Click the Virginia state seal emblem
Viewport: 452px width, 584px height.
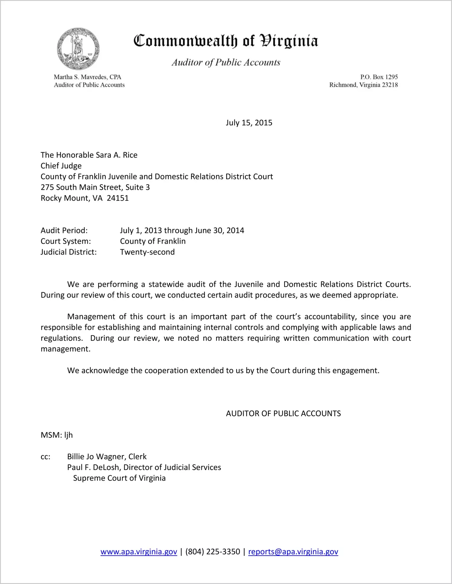click(78, 49)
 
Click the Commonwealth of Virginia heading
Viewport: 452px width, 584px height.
click(226, 41)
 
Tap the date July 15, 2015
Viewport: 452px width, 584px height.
click(249, 123)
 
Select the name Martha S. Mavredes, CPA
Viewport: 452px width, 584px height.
click(87, 77)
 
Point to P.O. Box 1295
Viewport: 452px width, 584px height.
click(379, 77)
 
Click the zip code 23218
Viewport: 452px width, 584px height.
click(390, 85)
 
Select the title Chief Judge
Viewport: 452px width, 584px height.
click(61, 166)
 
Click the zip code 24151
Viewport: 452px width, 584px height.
click(118, 198)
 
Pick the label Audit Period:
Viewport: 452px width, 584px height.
click(64, 230)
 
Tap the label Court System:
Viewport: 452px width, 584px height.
click(66, 241)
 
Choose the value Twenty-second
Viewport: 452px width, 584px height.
click(147, 252)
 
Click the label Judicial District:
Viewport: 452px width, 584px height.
click(69, 252)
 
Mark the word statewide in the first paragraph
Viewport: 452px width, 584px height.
click(166, 284)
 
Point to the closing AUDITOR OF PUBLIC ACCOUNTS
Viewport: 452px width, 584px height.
click(283, 413)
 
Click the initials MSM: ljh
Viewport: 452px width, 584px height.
click(57, 435)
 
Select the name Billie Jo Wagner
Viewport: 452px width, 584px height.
click(96, 457)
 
